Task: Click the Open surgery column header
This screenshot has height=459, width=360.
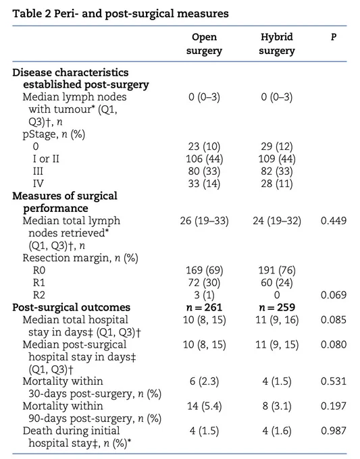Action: click(204, 44)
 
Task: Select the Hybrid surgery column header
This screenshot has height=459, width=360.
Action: click(277, 44)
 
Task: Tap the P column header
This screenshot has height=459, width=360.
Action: click(334, 37)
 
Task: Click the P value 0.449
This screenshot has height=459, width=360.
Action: click(334, 221)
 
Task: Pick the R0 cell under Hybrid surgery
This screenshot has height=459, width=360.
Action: click(277, 270)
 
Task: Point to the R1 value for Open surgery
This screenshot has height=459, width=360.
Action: click(204, 282)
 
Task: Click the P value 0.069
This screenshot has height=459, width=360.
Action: click(334, 295)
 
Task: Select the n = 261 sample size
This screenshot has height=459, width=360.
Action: click(204, 307)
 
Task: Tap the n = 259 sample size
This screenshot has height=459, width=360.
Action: click(277, 307)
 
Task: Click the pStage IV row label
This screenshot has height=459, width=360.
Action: click(38, 184)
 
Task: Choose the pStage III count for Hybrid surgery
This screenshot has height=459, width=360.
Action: click(277, 171)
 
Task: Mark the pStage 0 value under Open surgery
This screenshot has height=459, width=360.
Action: click(204, 146)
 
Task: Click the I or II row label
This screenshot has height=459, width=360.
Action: click(46, 159)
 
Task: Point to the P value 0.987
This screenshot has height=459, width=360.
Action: click(334, 431)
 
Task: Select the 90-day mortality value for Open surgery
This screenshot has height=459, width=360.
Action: click(204, 406)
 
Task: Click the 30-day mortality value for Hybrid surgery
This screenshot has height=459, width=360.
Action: click(277, 381)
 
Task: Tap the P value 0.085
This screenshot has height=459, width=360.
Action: click(334, 320)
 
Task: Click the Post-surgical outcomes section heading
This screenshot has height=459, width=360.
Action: click(71, 307)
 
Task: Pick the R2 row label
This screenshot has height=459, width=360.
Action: click(39, 295)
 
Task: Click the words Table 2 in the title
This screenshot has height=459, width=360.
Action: click(32, 13)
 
